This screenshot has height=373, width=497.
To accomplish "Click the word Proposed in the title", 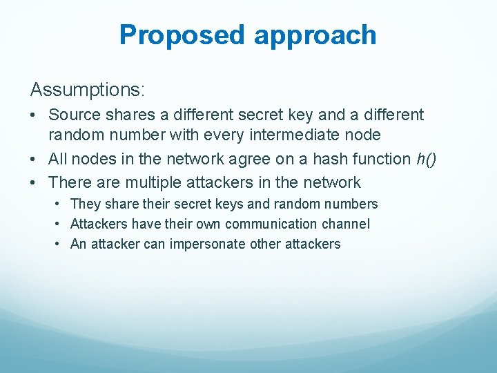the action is (x=182, y=35).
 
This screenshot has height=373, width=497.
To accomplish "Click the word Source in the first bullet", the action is (x=74, y=115).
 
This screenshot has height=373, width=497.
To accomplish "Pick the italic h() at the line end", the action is (x=427, y=159).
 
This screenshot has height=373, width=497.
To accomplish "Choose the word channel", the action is (x=349, y=224).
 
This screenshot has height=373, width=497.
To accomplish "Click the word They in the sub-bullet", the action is (x=86, y=204).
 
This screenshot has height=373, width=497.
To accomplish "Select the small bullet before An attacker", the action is (x=59, y=244).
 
